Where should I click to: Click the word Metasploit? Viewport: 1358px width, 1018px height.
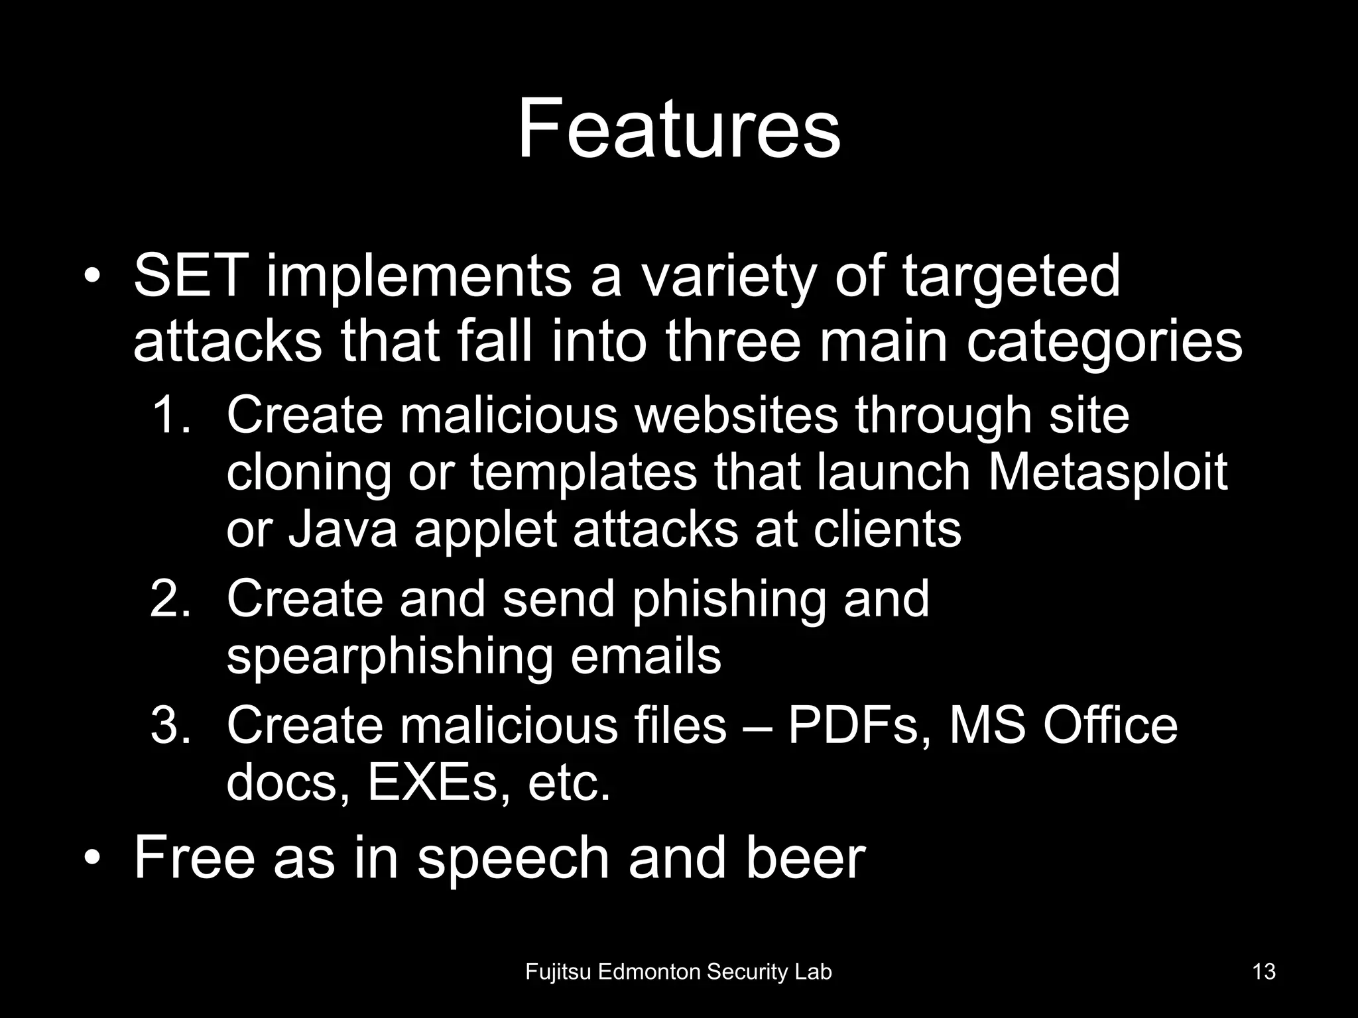(1107, 473)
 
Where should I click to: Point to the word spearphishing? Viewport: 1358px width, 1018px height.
(389, 657)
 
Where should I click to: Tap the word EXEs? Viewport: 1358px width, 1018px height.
(438, 783)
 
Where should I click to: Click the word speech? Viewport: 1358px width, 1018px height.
(513, 858)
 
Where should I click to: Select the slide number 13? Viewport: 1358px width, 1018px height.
(1264, 972)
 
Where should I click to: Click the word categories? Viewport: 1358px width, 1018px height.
(1104, 343)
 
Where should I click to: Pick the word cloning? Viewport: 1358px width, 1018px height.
(308, 474)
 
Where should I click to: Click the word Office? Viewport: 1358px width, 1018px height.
(1110, 726)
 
